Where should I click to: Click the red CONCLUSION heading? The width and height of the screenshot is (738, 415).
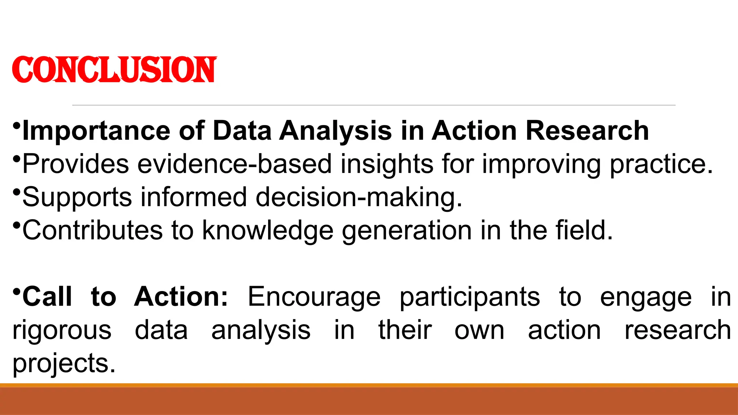coord(114,70)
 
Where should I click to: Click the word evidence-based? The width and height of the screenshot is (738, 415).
coord(234,164)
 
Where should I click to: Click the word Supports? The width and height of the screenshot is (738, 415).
coord(77,198)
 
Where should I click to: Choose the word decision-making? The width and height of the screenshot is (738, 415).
coord(359,198)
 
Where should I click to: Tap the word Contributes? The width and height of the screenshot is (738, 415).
coord(92,231)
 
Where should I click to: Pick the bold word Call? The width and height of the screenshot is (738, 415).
coord(47,297)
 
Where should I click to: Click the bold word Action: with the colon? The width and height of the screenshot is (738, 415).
coord(181,297)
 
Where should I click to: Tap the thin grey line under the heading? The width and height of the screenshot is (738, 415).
coord(374,105)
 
